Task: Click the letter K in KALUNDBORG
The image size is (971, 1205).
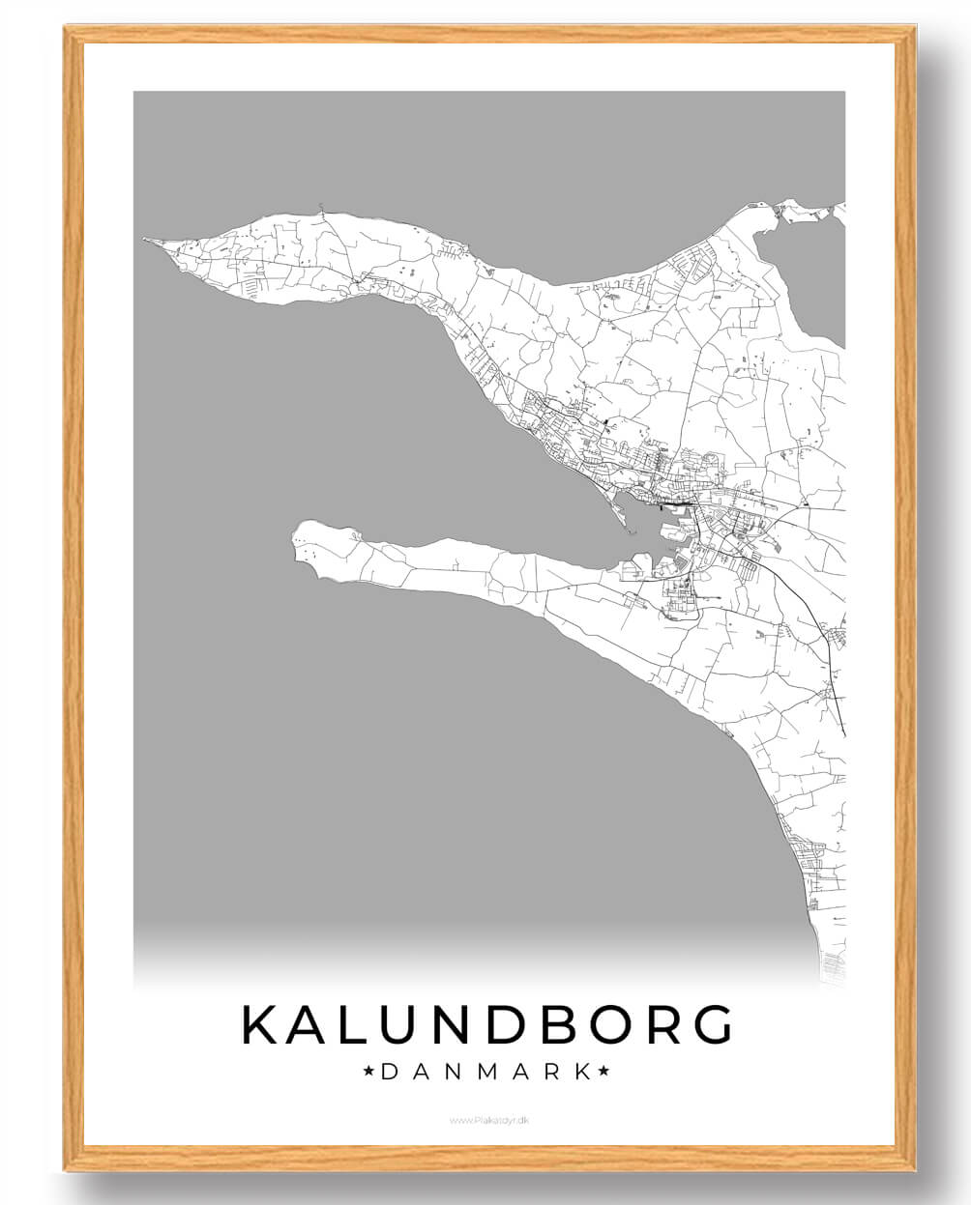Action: click(x=261, y=1024)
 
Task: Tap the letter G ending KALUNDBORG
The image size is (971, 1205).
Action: click(x=710, y=1024)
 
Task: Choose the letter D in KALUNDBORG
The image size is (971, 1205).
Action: click(x=503, y=1024)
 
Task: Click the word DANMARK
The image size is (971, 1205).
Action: click(x=486, y=1071)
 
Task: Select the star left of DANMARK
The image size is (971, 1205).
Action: click(x=368, y=1071)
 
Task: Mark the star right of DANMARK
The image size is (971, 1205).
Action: click(x=604, y=1071)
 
